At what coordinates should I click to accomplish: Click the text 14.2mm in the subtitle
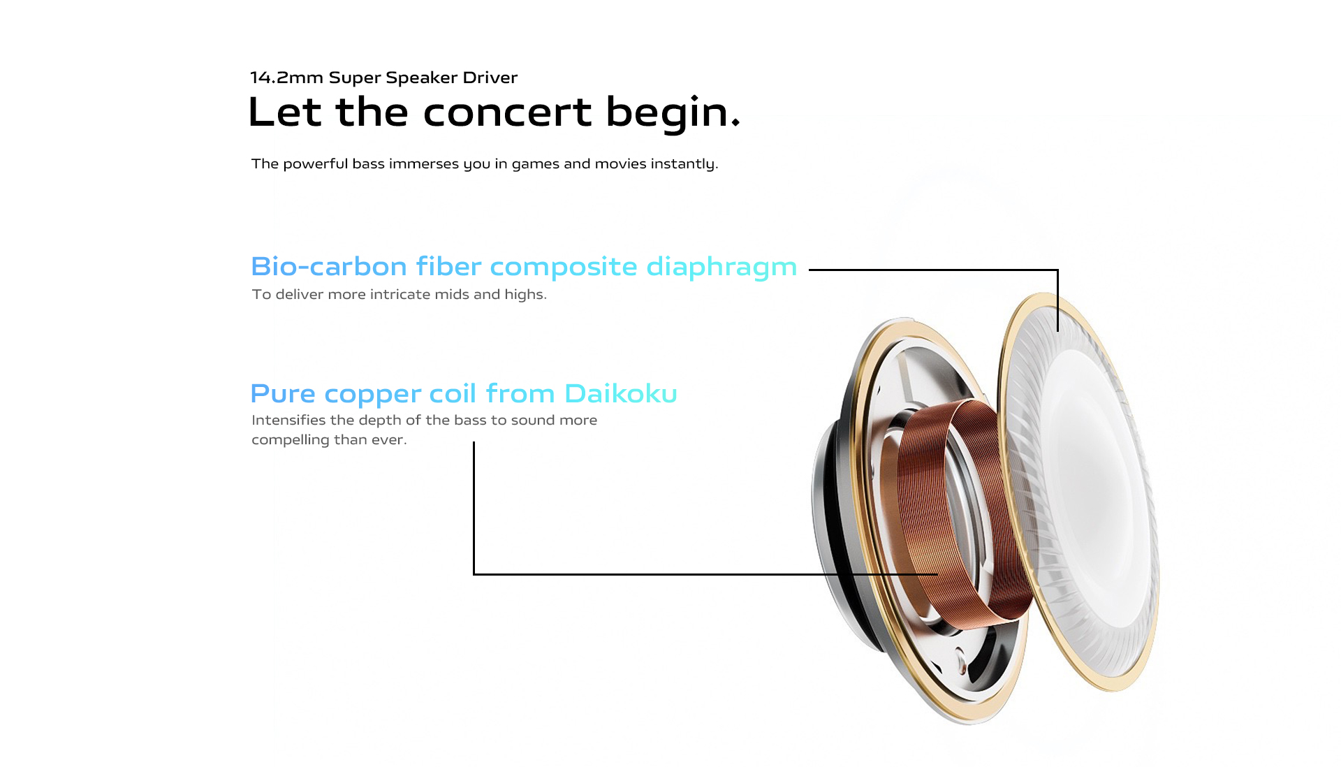coord(286,78)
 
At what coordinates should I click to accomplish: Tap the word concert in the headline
coord(507,112)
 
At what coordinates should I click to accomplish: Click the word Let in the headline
coord(284,112)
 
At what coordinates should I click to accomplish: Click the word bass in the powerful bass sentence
coord(368,163)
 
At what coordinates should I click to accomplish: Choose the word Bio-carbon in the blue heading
coord(329,267)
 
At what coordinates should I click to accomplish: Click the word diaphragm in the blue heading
coord(721,268)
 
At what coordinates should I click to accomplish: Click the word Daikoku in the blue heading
coord(621,394)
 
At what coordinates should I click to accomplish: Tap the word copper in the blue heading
coord(373,395)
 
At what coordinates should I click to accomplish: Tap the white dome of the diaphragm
coord(1090,489)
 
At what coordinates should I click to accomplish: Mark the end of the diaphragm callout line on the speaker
coord(1058,330)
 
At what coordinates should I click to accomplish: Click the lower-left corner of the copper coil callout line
coord(474,574)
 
